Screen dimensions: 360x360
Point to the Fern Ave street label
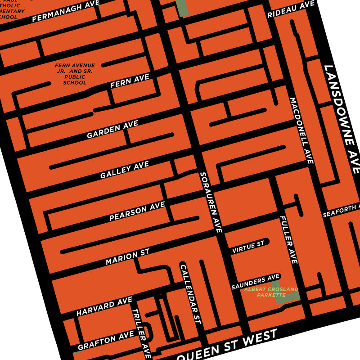[x=130, y=81]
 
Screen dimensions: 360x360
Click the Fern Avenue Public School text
[x=75, y=74]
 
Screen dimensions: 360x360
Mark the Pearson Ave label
[x=137, y=211]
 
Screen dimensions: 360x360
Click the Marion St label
[x=127, y=258]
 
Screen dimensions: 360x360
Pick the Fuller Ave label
[x=288, y=239]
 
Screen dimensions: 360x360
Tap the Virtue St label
[x=248, y=247]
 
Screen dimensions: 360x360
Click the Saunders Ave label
[x=256, y=281]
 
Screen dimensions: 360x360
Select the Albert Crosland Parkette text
[x=271, y=292]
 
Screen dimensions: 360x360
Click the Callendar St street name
[x=190, y=295]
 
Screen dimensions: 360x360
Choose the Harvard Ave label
[x=104, y=306]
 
